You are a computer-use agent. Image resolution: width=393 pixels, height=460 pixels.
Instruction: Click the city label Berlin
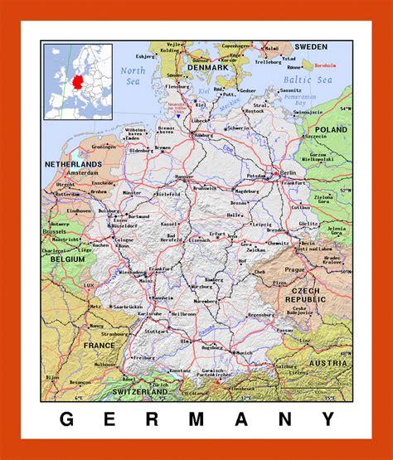click(289, 172)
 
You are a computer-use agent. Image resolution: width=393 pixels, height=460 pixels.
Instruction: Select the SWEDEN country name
click(312, 47)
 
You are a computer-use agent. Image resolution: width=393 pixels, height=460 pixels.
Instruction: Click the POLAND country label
click(331, 130)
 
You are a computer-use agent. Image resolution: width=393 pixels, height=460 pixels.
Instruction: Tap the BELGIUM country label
click(66, 259)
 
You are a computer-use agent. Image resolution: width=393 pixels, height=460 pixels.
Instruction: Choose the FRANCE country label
click(99, 344)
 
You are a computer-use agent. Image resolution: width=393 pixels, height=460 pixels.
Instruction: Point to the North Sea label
click(133, 75)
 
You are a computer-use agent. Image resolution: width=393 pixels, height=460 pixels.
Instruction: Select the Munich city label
click(244, 353)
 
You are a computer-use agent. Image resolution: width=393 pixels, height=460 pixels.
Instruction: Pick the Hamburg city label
click(202, 136)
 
